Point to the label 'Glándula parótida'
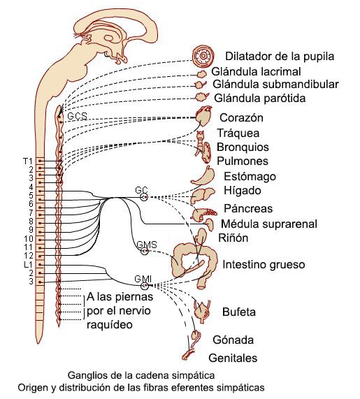pyautogui.click(x=260, y=99)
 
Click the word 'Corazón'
pyautogui.click(x=241, y=117)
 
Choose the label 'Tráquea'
pyautogui.click(x=238, y=133)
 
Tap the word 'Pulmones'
pyautogui.click(x=243, y=161)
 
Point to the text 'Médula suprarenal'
pyautogui.click(x=268, y=224)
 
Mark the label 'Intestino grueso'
pyautogui.click(x=264, y=266)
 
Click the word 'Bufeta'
pyautogui.click(x=238, y=311)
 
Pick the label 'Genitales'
pyautogui.click(x=233, y=358)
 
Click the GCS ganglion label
pyautogui.click(x=78, y=115)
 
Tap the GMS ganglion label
pyautogui.click(x=145, y=245)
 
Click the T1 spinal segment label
pyautogui.click(x=27, y=161)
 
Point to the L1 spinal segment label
pyautogui.click(x=27, y=264)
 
